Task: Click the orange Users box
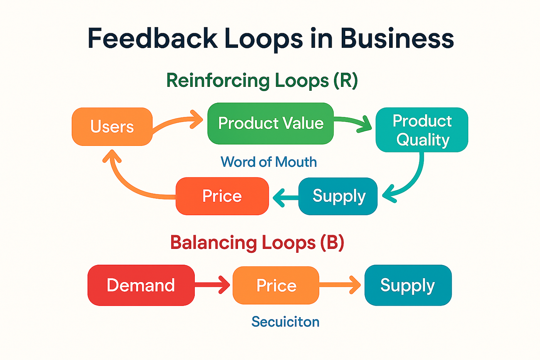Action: pos(112,127)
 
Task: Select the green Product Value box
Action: pos(270,123)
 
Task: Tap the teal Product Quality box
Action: pos(422,130)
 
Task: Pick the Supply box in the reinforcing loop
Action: pos(338,196)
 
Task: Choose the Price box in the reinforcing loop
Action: pos(222,196)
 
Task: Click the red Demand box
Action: pos(141,285)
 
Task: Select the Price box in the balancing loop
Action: pos(276,286)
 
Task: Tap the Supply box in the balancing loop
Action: pos(408,285)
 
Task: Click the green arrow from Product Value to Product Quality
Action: pos(353,123)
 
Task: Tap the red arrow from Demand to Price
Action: pos(212,285)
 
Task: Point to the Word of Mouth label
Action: pos(268,162)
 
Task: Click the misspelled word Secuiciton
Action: pos(285,322)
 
